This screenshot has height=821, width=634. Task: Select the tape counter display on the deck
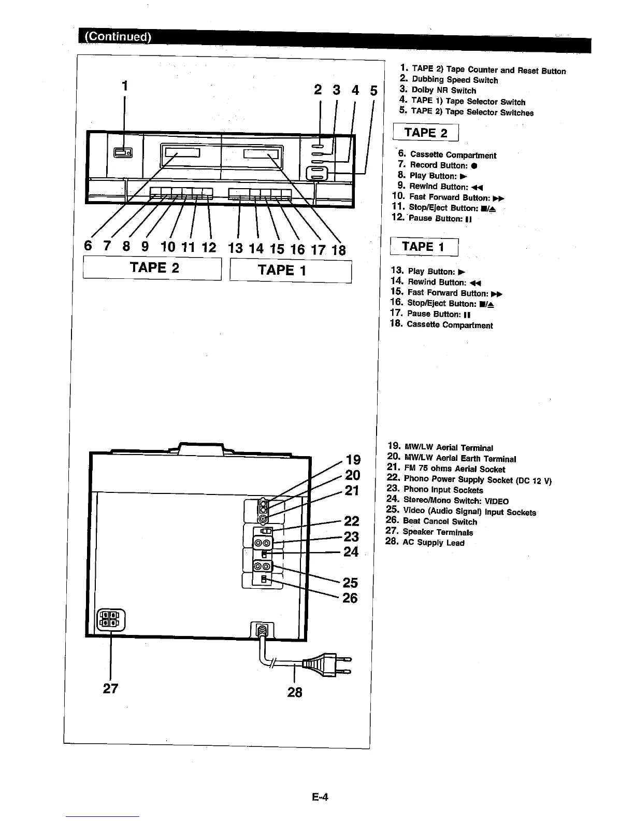coord(123,152)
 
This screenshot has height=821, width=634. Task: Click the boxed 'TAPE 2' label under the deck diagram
coord(153,268)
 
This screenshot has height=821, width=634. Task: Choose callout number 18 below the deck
coord(338,250)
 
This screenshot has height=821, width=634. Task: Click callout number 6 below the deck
coord(89,246)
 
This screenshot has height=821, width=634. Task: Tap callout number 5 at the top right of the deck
coord(373,91)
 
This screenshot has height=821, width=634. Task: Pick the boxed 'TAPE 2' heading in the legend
coord(425,133)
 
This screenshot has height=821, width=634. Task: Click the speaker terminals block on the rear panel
coord(111,619)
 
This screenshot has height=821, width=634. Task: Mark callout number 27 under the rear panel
coord(110,688)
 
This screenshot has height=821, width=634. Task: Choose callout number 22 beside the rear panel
coord(352,520)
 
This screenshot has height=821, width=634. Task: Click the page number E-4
coord(320,797)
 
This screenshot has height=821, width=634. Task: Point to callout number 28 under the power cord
coord(294,692)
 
